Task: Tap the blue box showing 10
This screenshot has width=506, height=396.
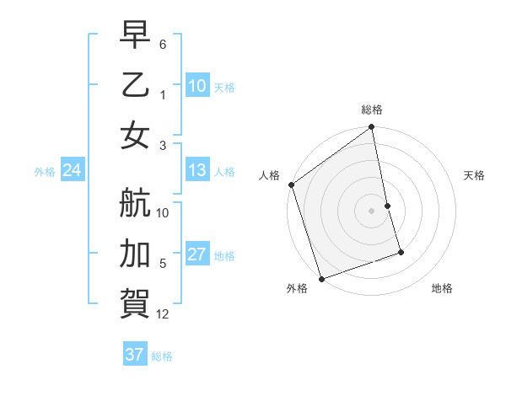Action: pos(196,86)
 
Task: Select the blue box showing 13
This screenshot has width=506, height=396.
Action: pos(196,171)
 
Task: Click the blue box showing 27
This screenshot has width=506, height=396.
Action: pos(196,255)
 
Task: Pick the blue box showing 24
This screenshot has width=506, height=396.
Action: pos(72,171)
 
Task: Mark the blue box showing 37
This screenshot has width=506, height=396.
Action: pos(134,355)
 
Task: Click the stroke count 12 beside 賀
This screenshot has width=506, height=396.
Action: pos(163,314)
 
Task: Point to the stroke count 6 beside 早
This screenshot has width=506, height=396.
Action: pos(163,43)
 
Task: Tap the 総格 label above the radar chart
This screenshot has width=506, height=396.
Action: pos(372,110)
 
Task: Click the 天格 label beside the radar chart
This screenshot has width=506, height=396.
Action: pos(475,175)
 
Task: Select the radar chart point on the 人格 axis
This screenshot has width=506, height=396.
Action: pos(292,185)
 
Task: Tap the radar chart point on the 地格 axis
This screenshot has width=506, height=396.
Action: pos(401,252)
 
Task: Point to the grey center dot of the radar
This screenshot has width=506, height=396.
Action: pos(371,211)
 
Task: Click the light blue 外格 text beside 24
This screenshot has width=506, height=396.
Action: pos(45,172)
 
